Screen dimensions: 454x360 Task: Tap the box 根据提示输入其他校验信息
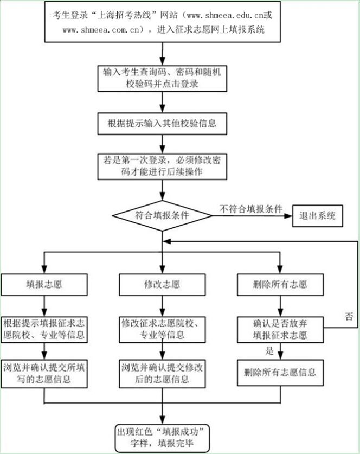pyautogui.click(x=162, y=123)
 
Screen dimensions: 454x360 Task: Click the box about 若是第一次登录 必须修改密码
pyautogui.click(x=162, y=166)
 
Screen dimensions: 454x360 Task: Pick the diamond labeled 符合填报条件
pyautogui.click(x=162, y=215)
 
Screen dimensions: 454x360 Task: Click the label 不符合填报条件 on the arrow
pyautogui.click(x=250, y=208)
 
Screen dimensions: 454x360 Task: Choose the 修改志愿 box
pyautogui.click(x=162, y=284)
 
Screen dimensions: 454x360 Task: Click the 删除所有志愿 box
pyautogui.click(x=280, y=284)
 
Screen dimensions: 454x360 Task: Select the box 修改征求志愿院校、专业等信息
pyautogui.click(x=162, y=329)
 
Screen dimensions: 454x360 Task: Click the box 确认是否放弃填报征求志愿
pyautogui.click(x=280, y=329)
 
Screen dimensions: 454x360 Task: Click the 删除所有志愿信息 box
pyautogui.click(x=280, y=373)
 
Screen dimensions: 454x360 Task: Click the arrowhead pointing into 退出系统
pyautogui.click(x=289, y=215)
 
